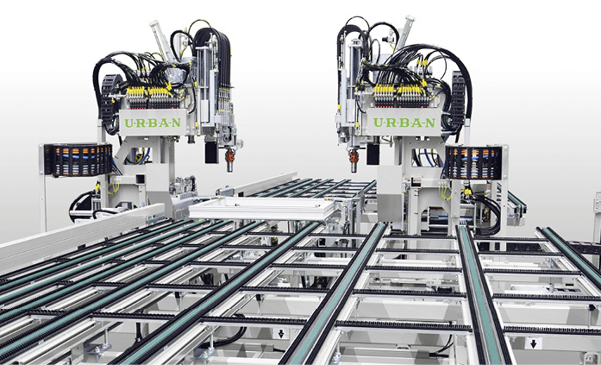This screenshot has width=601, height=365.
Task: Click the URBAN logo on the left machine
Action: click(153, 123)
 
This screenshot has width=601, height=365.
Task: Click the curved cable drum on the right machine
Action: click(473, 161)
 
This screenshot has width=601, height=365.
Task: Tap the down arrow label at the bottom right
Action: click(533, 343)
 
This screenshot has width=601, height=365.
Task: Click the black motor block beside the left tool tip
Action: click(210, 153)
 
